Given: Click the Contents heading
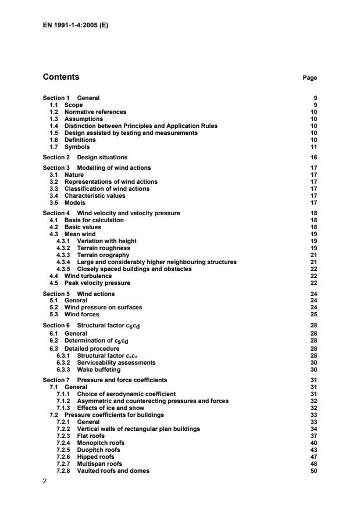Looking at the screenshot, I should (61, 77).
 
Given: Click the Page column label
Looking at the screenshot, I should (310, 77).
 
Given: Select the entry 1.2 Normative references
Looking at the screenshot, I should (88, 112).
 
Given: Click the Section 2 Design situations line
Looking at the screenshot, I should (85, 157).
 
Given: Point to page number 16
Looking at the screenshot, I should (313, 157).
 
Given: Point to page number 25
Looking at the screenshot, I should (313, 315).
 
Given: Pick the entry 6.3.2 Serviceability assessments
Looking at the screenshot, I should (105, 362).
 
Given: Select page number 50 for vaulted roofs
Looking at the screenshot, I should (313, 470).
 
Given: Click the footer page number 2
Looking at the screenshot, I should (45, 480).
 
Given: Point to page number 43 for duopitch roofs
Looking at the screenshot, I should (313, 450).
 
